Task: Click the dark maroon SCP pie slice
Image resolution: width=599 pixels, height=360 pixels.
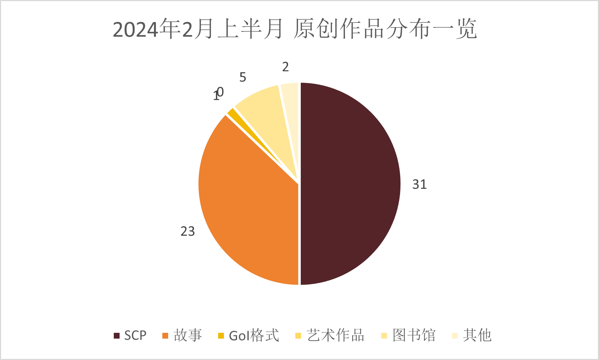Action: [x=350, y=184]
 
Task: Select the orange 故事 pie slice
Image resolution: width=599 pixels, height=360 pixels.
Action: [x=246, y=203]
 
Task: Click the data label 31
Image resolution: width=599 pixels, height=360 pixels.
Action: [x=419, y=185]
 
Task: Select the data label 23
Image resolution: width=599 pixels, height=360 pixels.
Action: [x=188, y=231]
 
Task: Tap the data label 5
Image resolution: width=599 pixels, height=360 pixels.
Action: [x=243, y=77]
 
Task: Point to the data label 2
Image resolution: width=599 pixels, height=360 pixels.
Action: [x=286, y=67]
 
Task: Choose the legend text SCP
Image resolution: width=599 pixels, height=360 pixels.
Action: [x=135, y=335]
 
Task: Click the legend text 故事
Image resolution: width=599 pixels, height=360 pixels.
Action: [x=188, y=335]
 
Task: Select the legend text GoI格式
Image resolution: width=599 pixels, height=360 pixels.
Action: [x=254, y=335]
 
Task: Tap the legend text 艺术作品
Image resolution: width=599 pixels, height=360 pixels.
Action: [x=335, y=335]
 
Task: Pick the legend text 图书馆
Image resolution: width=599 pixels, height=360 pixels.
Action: [x=414, y=335]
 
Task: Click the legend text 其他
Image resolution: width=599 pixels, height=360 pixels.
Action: [x=477, y=335]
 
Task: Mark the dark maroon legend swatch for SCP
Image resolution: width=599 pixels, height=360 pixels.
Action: [x=117, y=336]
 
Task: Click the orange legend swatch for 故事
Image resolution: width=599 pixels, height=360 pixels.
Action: [x=166, y=336]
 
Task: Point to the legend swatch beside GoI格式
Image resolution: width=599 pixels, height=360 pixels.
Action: [x=221, y=336]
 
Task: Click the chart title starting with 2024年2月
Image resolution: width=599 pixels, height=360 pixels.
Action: [x=295, y=29]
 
